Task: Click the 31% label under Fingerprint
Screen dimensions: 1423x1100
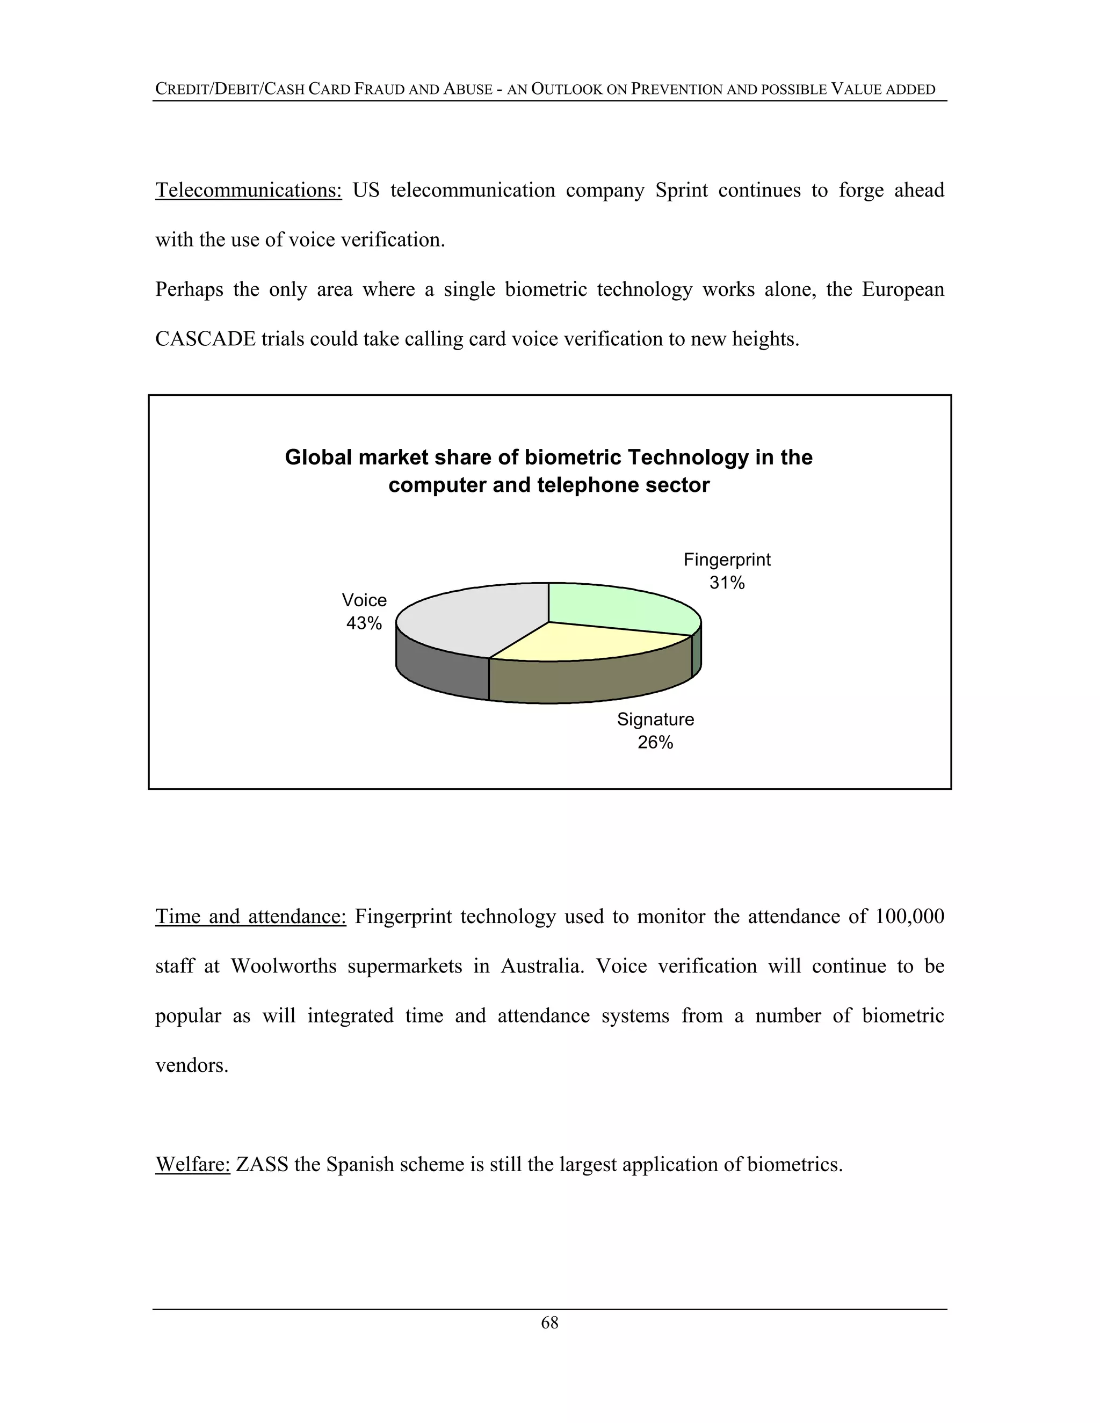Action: point(727,583)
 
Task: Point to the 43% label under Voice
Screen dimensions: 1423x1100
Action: point(364,623)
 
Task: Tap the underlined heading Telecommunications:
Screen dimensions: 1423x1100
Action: point(248,190)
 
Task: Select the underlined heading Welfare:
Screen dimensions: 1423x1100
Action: point(192,1164)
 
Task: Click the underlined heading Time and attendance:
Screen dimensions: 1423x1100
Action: point(250,917)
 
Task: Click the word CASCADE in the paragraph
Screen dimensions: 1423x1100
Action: point(205,339)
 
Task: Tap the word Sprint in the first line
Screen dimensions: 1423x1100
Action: point(681,190)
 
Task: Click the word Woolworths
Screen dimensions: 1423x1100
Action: point(284,966)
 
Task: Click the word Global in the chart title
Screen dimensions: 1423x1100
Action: point(319,458)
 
